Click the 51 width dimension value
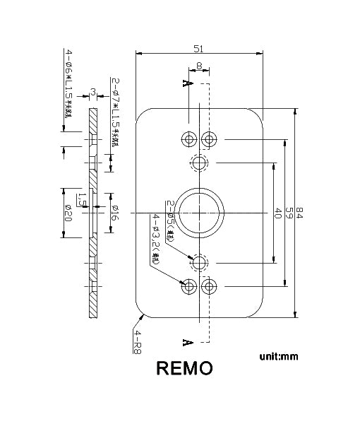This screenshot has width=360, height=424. (199, 48)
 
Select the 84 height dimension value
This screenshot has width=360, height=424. (299, 213)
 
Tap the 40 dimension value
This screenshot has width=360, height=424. (277, 213)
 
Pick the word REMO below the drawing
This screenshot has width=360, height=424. (183, 369)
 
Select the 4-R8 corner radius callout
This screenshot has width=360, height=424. (137, 340)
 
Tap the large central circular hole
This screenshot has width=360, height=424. (200, 212)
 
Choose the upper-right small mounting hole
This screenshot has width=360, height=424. (210, 139)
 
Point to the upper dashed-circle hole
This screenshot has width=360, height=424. (200, 163)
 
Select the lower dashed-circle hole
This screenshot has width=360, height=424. (200, 262)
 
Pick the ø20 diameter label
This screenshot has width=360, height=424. (68, 212)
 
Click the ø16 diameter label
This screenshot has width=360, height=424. (114, 213)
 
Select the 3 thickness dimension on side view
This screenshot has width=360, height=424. (94, 91)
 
